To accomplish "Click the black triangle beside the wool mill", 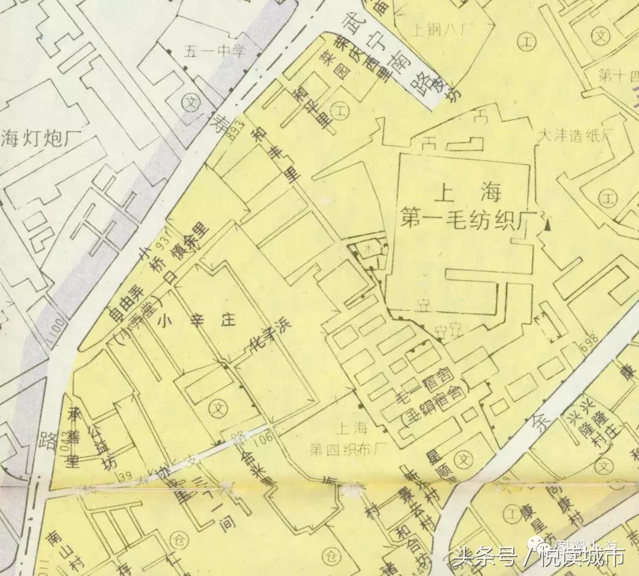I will click(548, 224).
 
